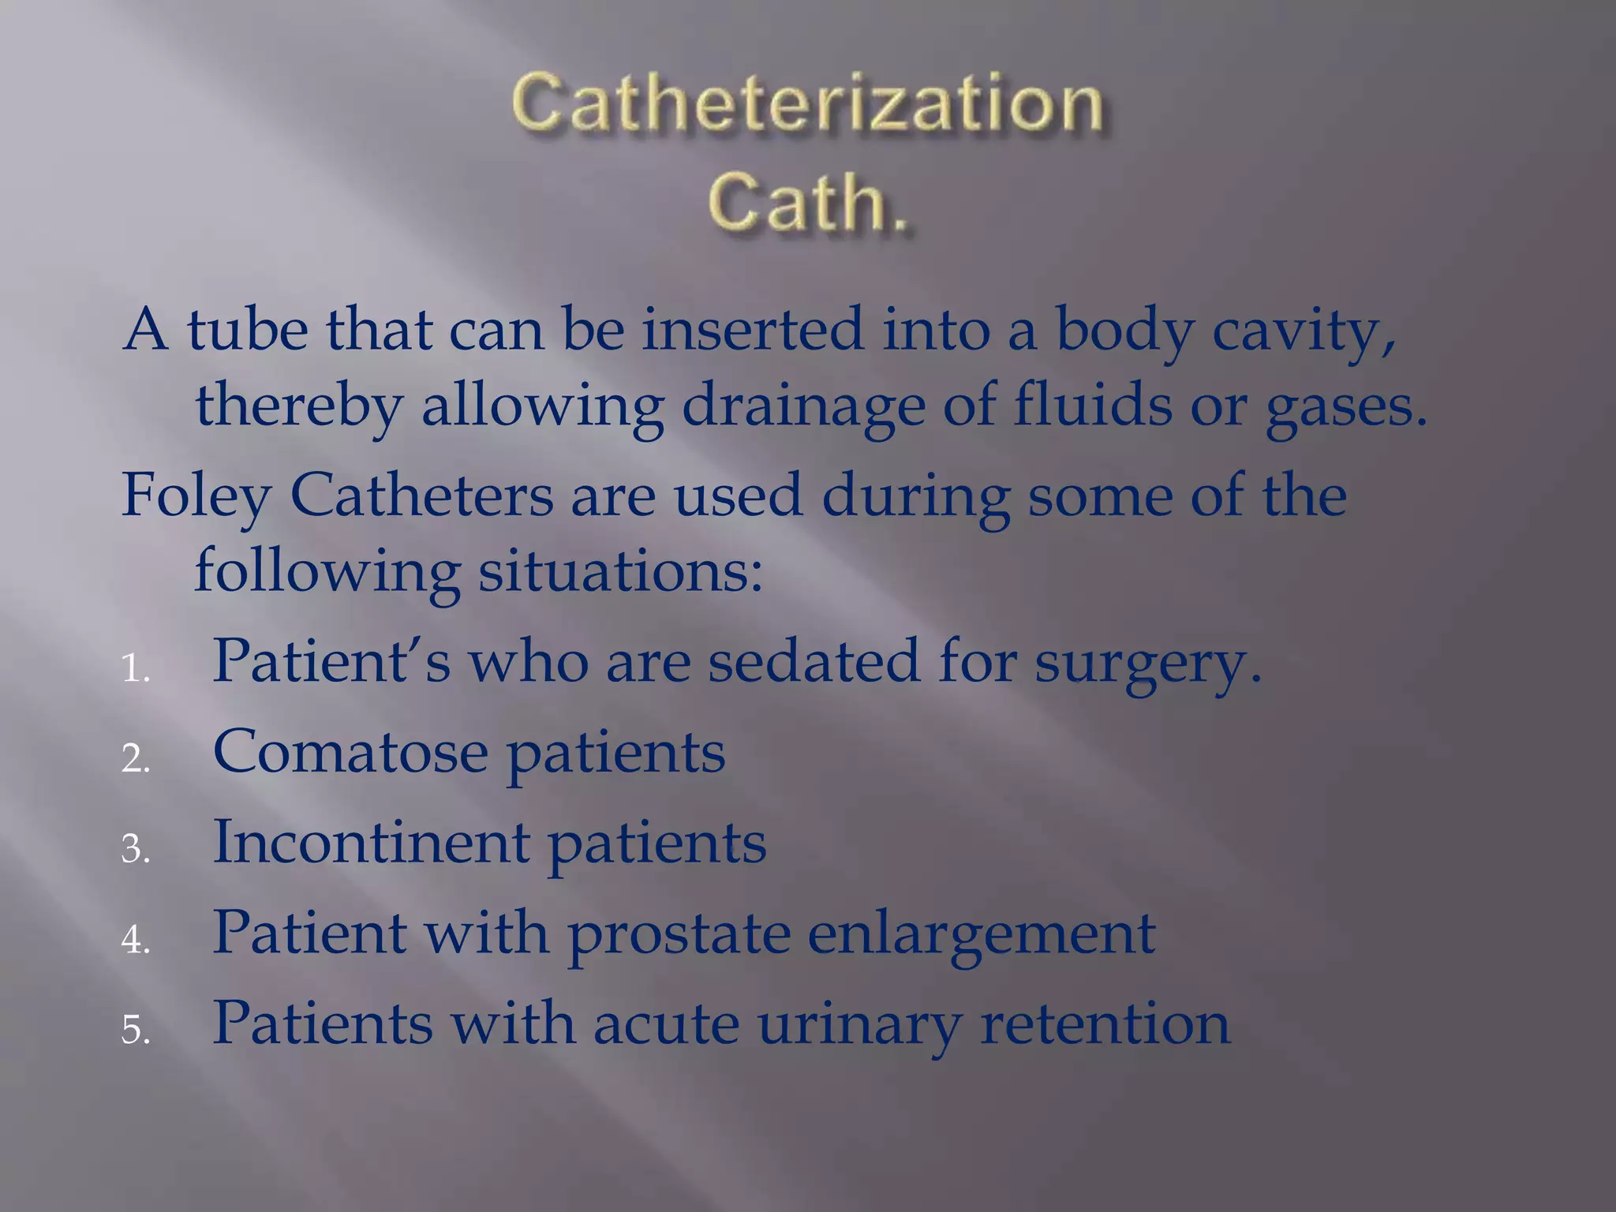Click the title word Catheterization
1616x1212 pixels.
807,104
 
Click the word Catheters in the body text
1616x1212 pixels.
421,496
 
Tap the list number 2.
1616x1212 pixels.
135,760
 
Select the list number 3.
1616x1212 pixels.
135,850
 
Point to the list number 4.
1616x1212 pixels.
135,941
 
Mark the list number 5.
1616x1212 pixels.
135,1031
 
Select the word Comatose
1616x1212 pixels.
350,751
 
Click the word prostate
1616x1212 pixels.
679,934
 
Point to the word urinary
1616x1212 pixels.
859,1024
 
